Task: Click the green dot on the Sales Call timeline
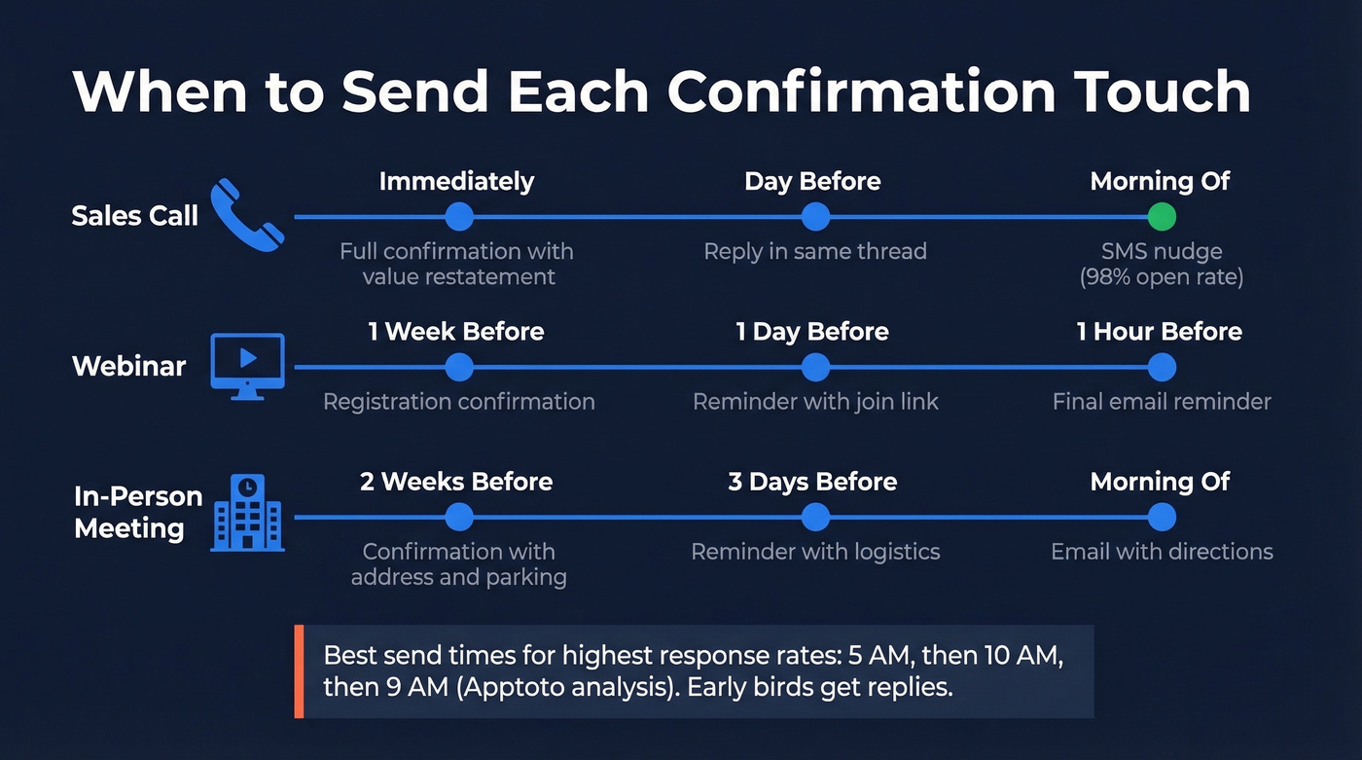click(1161, 216)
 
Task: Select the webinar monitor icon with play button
click(247, 366)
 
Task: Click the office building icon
click(247, 513)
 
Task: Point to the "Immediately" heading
click(456, 181)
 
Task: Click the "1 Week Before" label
click(455, 331)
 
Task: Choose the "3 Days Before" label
click(812, 482)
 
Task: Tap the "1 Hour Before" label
click(1159, 331)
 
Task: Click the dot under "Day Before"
click(815, 216)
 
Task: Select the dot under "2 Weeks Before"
click(458, 517)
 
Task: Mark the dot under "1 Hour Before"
click(1161, 367)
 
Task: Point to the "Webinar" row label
click(128, 367)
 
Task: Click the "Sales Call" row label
click(134, 215)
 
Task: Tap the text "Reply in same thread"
click(815, 251)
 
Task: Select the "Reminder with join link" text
click(815, 401)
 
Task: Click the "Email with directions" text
click(1162, 552)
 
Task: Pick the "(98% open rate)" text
click(1161, 276)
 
